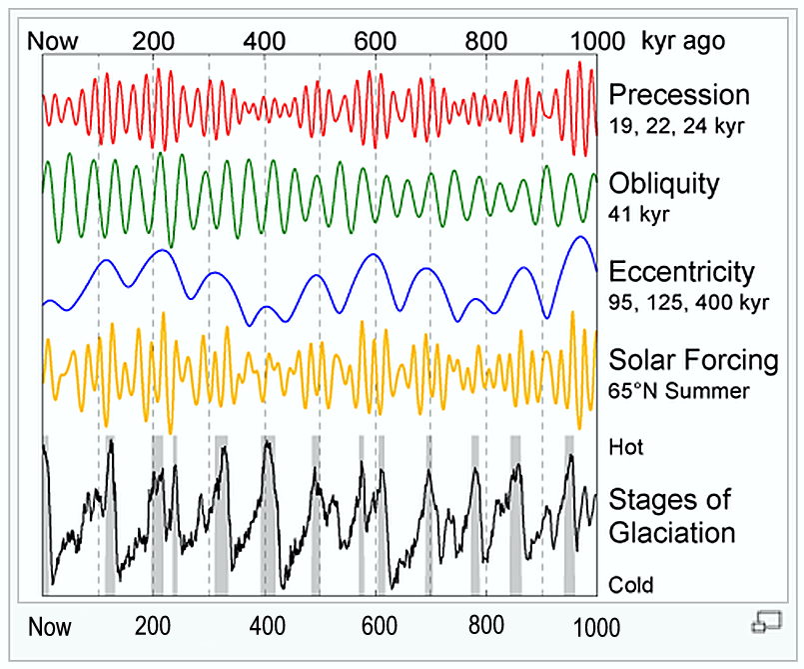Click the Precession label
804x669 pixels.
click(679, 95)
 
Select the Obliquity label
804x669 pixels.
click(663, 184)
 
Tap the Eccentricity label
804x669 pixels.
click(682, 272)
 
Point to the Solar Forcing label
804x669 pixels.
click(693, 360)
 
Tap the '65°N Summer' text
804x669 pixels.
click(678, 390)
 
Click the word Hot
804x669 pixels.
click(626, 447)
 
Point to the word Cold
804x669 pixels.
click(631, 584)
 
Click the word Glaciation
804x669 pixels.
click(672, 531)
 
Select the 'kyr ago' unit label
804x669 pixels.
click(683, 41)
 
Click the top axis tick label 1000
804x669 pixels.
click(596, 41)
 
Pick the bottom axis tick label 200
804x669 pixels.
click(153, 628)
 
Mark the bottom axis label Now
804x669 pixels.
click(50, 628)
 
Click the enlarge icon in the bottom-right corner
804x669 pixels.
click(766, 622)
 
